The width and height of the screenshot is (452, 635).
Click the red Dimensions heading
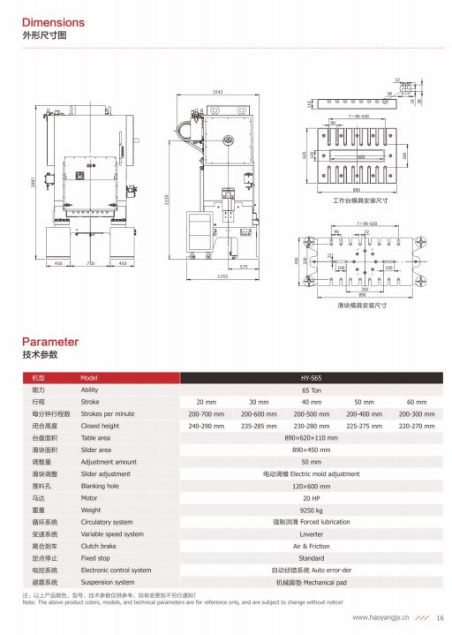point(53,22)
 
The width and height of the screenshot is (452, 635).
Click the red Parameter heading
point(50,342)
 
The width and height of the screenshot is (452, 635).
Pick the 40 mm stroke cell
point(311,401)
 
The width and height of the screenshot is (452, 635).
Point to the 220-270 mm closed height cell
point(415,425)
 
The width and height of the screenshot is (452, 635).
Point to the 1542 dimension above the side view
point(218,93)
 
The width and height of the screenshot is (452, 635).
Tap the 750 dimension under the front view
point(90,263)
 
